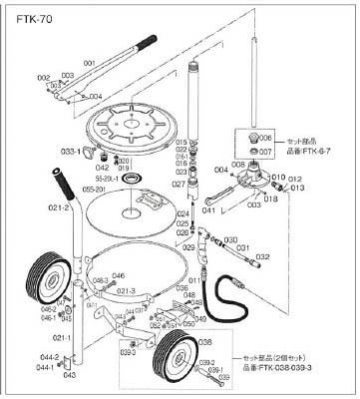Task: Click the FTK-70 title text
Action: coord(27,16)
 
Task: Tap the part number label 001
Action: coord(89,63)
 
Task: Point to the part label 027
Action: coord(176,184)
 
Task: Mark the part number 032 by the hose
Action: coord(264,256)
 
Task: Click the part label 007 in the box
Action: coord(266,152)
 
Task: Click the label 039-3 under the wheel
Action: coord(128,352)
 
